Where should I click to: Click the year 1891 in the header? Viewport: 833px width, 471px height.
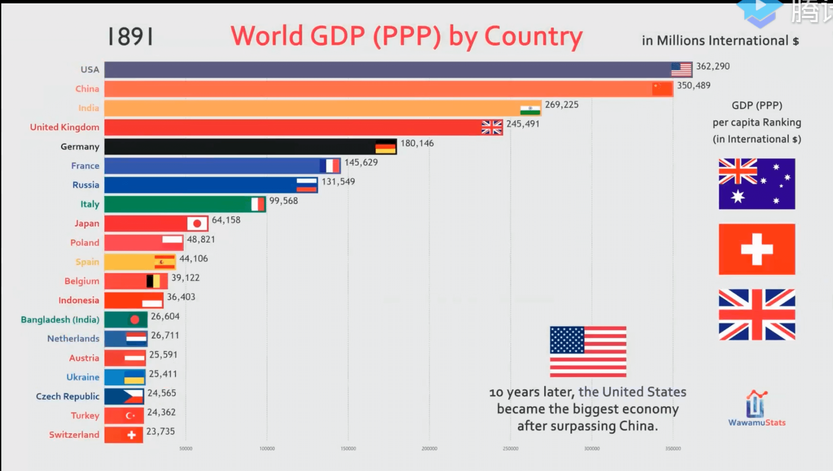pyautogui.click(x=130, y=37)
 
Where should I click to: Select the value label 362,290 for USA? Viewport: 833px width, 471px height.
pyautogui.click(x=713, y=66)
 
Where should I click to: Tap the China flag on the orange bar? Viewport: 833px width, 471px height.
pyautogui.click(x=662, y=89)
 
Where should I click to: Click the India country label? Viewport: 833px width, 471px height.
pyautogui.click(x=88, y=108)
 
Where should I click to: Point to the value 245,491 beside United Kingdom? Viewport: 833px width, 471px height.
pyautogui.click(x=522, y=124)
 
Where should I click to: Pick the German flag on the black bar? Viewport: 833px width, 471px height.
pyautogui.click(x=385, y=147)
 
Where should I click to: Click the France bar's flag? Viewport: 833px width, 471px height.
pyautogui.click(x=329, y=166)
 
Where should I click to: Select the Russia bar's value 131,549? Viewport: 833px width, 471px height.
pyautogui.click(x=338, y=182)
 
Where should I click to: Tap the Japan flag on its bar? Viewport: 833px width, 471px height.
pyautogui.click(x=197, y=224)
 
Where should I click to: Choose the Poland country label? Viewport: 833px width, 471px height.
pyautogui.click(x=85, y=242)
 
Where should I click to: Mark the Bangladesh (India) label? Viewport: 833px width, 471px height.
pyautogui.click(x=60, y=320)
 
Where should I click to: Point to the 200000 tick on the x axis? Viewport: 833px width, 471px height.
pyautogui.click(x=429, y=449)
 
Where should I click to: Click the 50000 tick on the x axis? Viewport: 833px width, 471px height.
pyautogui.click(x=186, y=449)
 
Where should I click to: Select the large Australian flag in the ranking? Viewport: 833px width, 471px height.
pyautogui.click(x=757, y=184)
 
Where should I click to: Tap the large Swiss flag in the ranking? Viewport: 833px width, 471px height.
pyautogui.click(x=757, y=249)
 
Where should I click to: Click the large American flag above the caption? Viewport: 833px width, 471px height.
pyautogui.click(x=588, y=352)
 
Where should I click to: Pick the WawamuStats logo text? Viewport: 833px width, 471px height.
pyautogui.click(x=757, y=423)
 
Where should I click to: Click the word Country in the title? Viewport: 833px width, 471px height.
pyautogui.click(x=533, y=36)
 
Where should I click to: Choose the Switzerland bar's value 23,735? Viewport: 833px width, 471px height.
pyautogui.click(x=160, y=431)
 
